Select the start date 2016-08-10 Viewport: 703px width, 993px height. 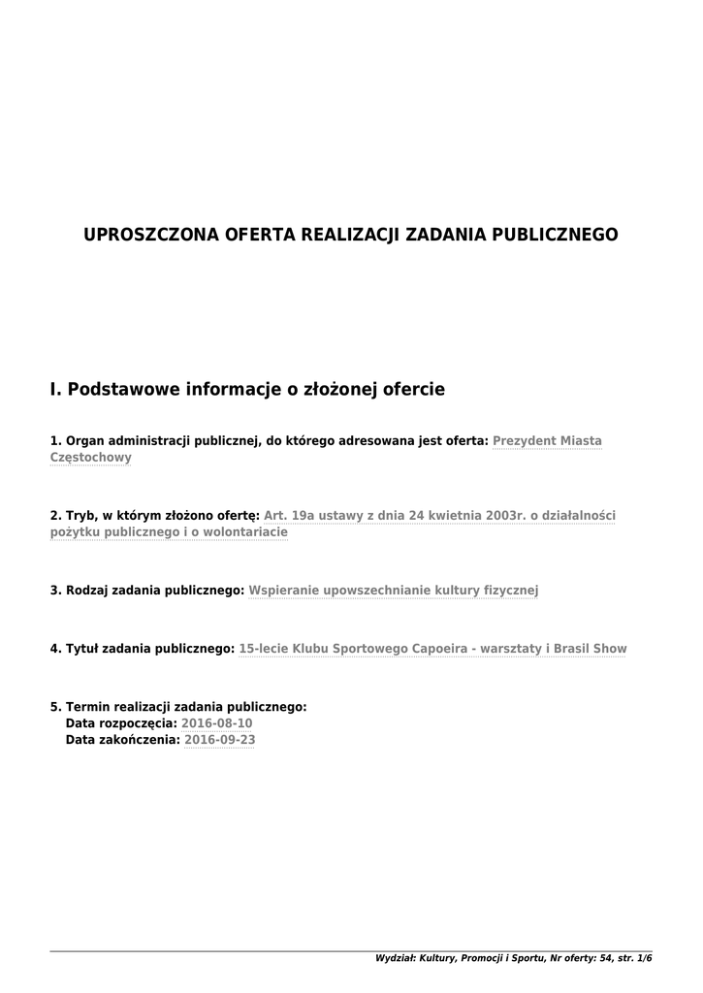217,723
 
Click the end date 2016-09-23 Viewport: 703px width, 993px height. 220,740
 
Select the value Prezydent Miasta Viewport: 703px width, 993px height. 547,441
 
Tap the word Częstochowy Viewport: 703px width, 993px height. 90,458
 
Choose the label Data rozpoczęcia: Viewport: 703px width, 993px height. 121,723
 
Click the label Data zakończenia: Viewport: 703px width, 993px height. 122,740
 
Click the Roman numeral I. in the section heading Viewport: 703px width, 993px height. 55,390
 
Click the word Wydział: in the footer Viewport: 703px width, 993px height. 395,958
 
